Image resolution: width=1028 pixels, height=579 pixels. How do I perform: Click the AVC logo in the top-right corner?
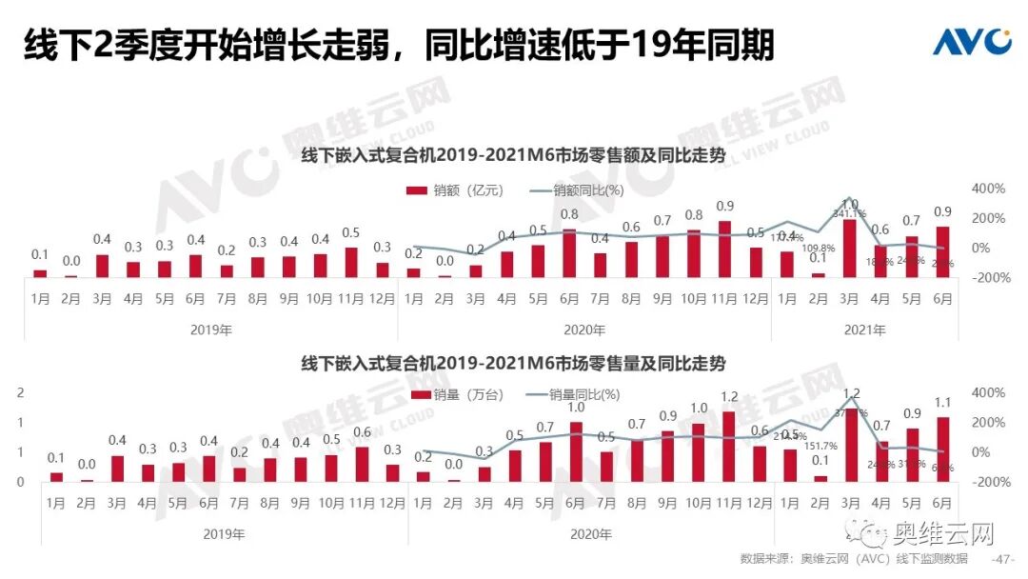tap(971, 42)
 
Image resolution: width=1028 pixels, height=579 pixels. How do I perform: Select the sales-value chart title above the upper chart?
tap(513, 154)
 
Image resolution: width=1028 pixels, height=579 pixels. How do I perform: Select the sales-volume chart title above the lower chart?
tap(513, 364)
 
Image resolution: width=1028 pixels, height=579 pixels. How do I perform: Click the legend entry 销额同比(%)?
tap(576, 190)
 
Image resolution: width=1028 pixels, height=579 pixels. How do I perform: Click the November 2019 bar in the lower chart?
tap(362, 464)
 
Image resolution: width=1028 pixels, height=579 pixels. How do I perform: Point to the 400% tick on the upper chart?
tap(988, 189)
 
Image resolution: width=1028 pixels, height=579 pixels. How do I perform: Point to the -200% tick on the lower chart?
tap(986, 482)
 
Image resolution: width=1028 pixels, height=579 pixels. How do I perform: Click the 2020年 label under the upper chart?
tap(585, 330)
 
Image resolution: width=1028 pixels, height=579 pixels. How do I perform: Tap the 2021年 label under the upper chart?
tap(865, 330)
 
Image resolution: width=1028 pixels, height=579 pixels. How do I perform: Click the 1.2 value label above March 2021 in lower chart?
tap(851, 393)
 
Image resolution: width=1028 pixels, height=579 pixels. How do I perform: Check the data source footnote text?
tap(853, 558)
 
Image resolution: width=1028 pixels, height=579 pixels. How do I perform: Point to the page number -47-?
tap(1003, 558)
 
